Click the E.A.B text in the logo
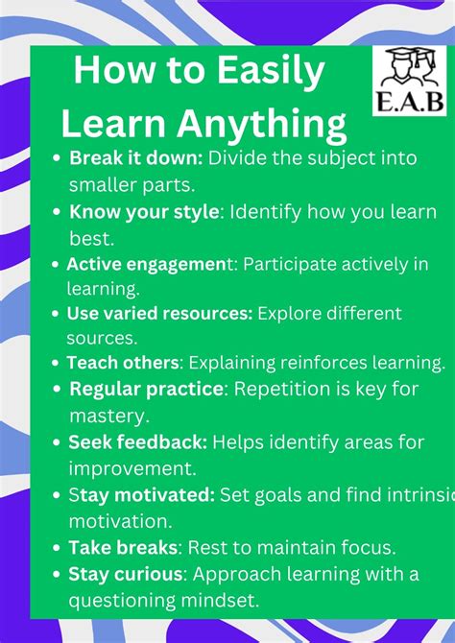[409, 102]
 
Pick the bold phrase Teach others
[123, 363]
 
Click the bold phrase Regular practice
[146, 390]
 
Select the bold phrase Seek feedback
[137, 442]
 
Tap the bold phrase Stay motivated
[141, 495]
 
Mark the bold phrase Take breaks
[124, 548]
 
